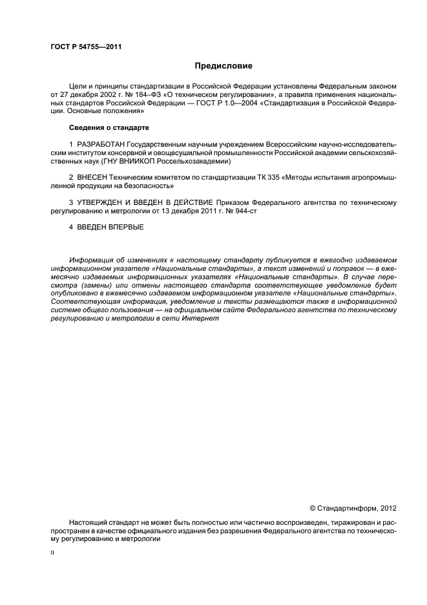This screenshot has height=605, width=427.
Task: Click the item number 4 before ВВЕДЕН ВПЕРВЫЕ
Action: pyautogui.click(x=71, y=227)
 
